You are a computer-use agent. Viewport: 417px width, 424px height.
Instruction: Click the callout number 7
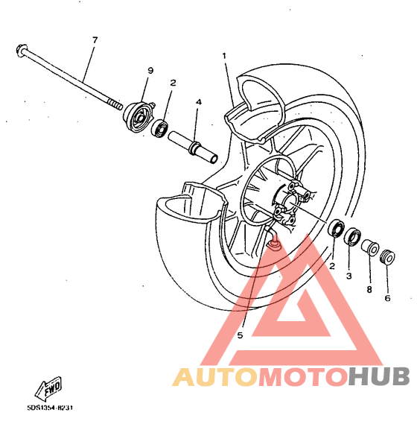coord(95,40)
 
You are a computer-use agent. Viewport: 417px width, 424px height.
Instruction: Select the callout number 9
coord(150,71)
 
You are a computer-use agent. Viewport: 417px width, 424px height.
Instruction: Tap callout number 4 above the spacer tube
coord(199,102)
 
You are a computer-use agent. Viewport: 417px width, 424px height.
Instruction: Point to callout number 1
coord(224,56)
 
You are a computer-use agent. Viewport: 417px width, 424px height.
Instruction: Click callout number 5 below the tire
coord(240,335)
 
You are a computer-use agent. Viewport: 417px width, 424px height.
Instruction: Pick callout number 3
coord(349,276)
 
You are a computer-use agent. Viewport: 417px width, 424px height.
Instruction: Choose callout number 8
coord(369,290)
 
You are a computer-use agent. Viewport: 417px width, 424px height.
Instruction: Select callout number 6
coord(387,298)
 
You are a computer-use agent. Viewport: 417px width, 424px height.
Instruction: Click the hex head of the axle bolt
coord(22,50)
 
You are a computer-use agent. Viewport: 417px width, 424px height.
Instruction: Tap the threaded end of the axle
coord(115,104)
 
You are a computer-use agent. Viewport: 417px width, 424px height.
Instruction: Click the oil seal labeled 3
coord(353,237)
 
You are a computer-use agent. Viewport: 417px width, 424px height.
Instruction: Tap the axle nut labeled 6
coord(387,256)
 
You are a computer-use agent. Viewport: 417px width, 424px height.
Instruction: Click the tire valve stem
coord(273,238)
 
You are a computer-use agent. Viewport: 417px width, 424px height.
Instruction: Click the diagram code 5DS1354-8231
coord(50,408)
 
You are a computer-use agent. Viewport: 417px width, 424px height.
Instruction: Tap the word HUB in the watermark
coord(378,377)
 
